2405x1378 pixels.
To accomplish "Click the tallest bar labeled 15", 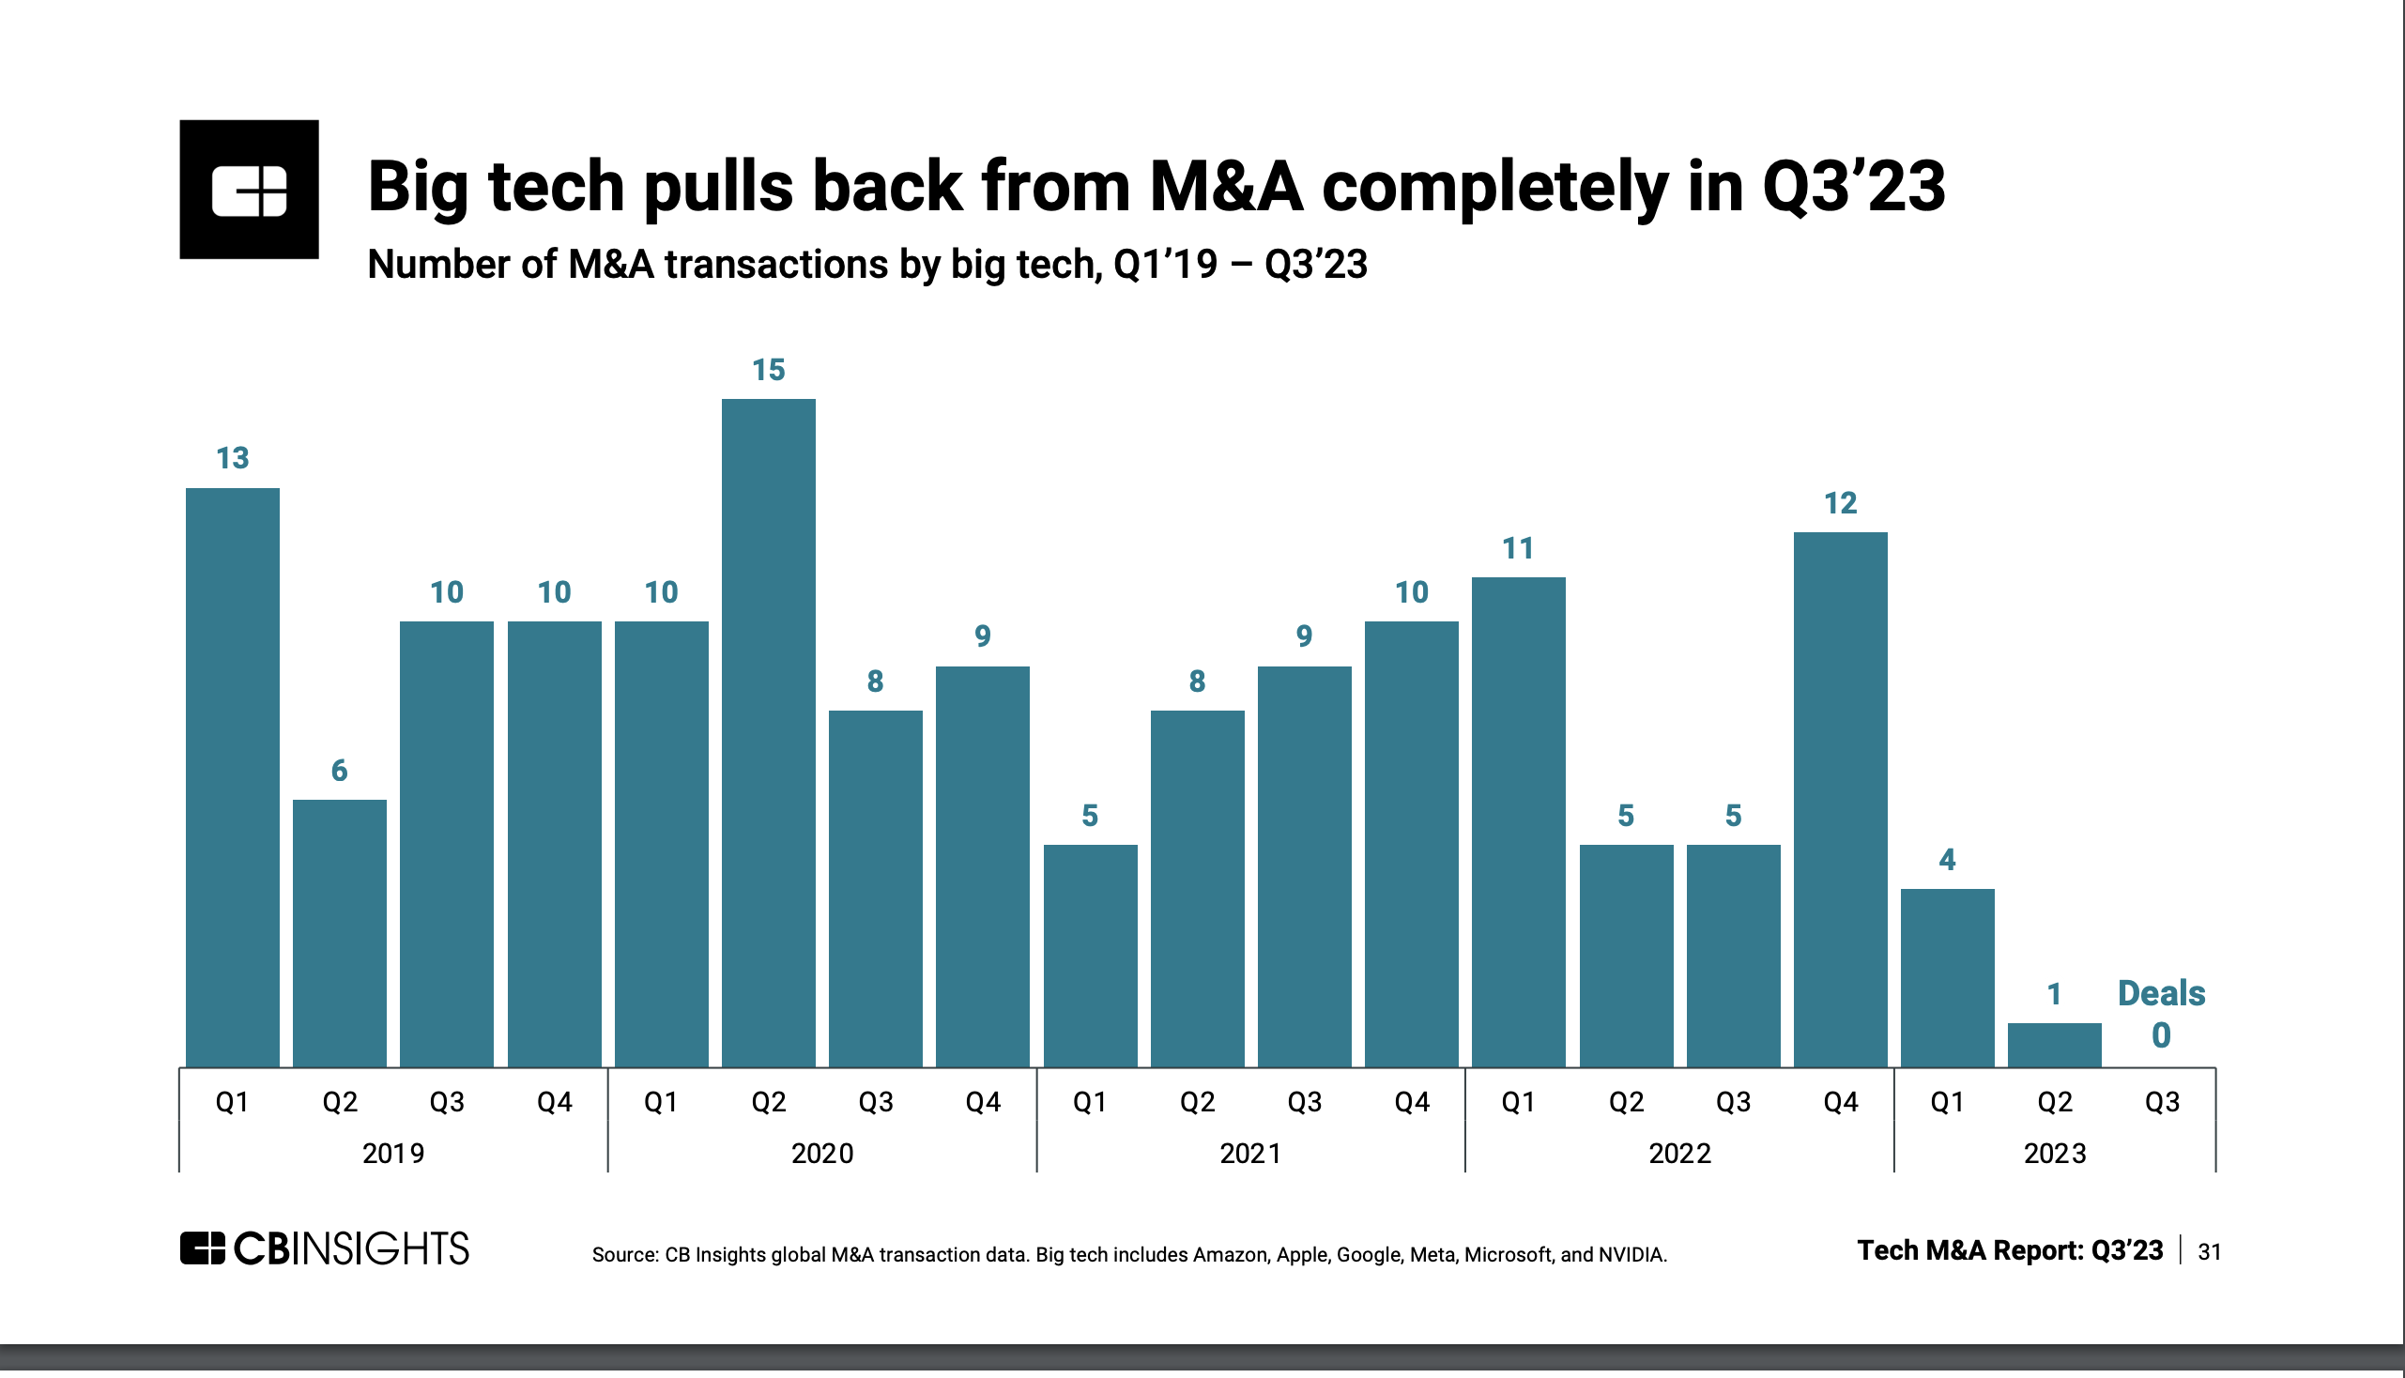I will point(768,733).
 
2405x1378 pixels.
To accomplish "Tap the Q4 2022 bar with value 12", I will point(1839,800).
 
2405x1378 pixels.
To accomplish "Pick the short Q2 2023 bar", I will point(2053,1045).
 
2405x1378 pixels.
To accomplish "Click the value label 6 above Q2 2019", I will point(339,772).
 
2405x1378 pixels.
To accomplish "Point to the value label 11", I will point(1517,549).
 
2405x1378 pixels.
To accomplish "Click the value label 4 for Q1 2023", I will point(1946,860).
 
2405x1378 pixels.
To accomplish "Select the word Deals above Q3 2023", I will point(2161,994).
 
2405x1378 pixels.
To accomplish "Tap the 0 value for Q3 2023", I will point(2161,1036).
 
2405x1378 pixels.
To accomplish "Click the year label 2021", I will point(1250,1154).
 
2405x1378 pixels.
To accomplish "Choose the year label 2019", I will point(392,1154).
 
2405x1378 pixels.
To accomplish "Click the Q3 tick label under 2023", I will point(2161,1103).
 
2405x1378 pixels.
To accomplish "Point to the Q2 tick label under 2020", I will point(768,1103).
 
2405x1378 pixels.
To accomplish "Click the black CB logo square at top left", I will point(249,190).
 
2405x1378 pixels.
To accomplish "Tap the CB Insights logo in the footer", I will point(324,1249).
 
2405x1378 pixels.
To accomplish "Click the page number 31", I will point(2208,1252).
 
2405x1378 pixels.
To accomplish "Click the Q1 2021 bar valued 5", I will point(1090,956).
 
